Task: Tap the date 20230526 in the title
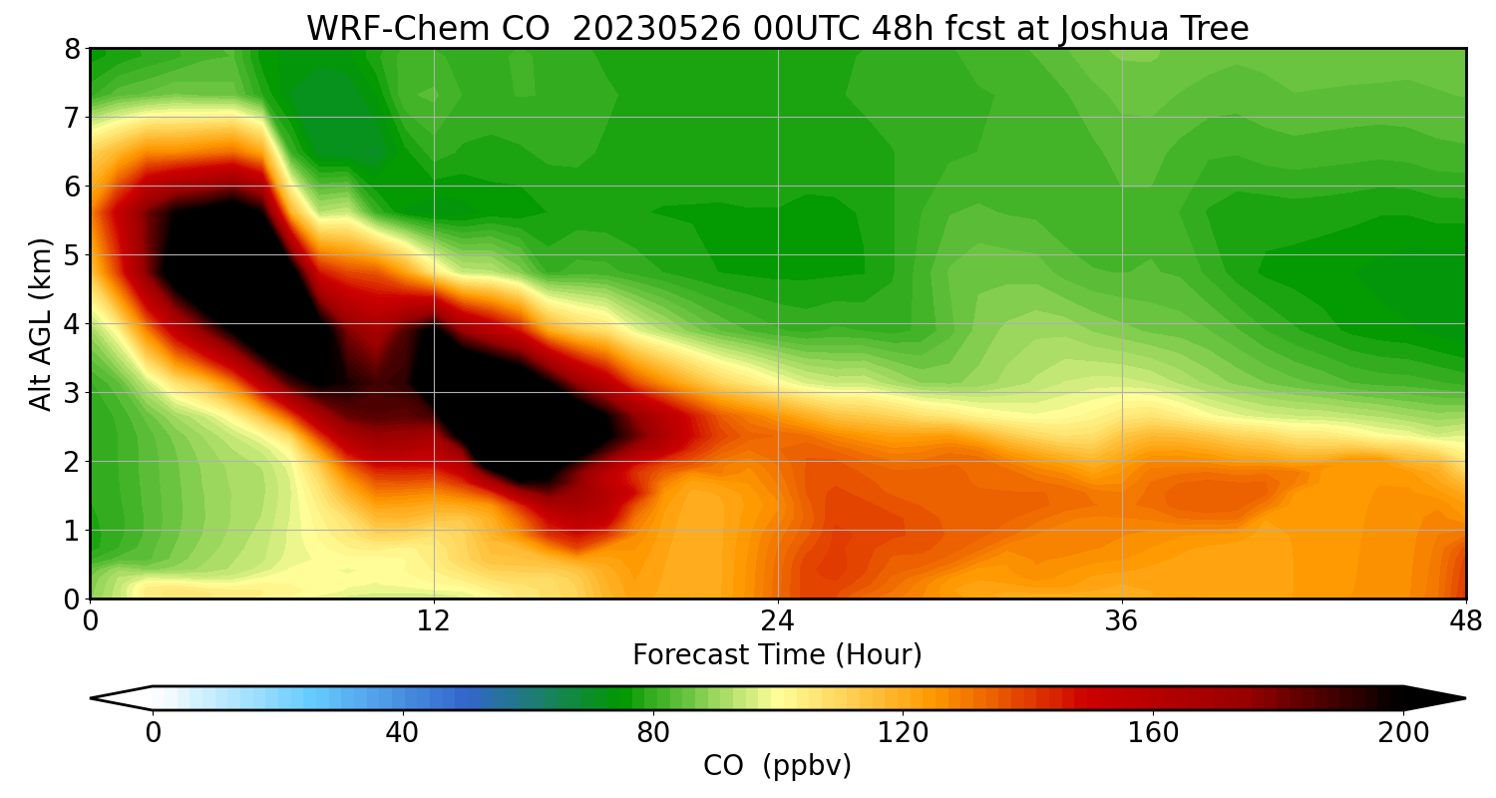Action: click(656, 29)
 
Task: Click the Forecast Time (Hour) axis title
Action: click(777, 655)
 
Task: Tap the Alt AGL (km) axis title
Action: click(41, 323)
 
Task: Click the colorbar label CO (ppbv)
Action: click(777, 766)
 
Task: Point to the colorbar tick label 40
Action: click(403, 733)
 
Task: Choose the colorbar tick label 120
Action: click(904, 733)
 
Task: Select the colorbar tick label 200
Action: click(1403, 733)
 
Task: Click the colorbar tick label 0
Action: click(153, 733)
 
